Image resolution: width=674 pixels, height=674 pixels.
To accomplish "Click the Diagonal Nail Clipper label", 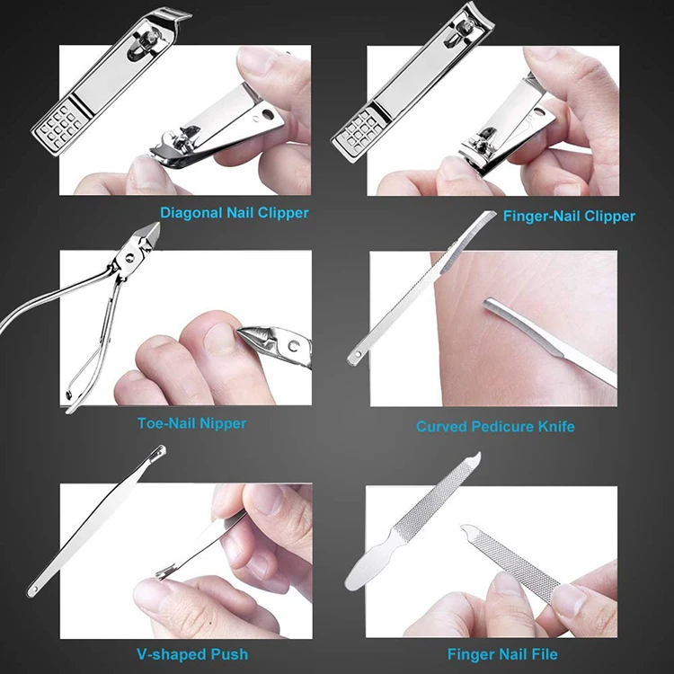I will point(234,213).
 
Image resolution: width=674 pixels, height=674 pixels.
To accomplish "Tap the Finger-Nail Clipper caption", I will point(568,216).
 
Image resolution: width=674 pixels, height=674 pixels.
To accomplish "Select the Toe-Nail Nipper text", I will point(191,422).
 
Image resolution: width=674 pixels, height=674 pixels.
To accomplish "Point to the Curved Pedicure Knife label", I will point(495,426).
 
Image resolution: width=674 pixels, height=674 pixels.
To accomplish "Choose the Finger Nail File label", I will point(501,654).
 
